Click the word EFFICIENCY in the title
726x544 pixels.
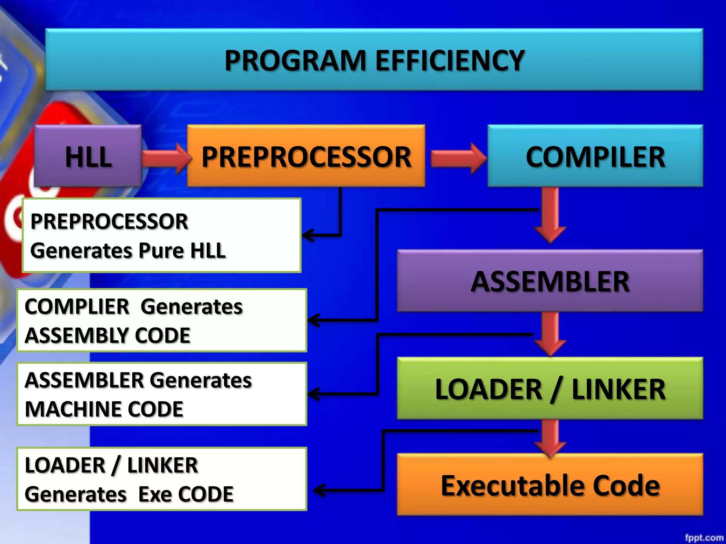(x=449, y=60)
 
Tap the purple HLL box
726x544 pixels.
(x=88, y=156)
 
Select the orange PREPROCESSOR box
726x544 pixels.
(x=306, y=156)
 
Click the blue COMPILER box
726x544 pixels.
(x=595, y=156)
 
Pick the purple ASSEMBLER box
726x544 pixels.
(x=550, y=281)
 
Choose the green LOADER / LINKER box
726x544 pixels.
(x=550, y=389)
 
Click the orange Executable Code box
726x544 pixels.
(x=550, y=485)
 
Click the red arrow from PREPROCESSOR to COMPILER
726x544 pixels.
(x=458, y=158)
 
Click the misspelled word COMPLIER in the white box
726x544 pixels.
(x=77, y=306)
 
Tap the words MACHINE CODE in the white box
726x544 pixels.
(x=104, y=409)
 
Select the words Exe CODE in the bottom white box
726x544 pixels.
(x=186, y=494)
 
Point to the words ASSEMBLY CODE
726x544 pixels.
(x=107, y=335)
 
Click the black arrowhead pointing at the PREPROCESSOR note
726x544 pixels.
(x=308, y=235)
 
